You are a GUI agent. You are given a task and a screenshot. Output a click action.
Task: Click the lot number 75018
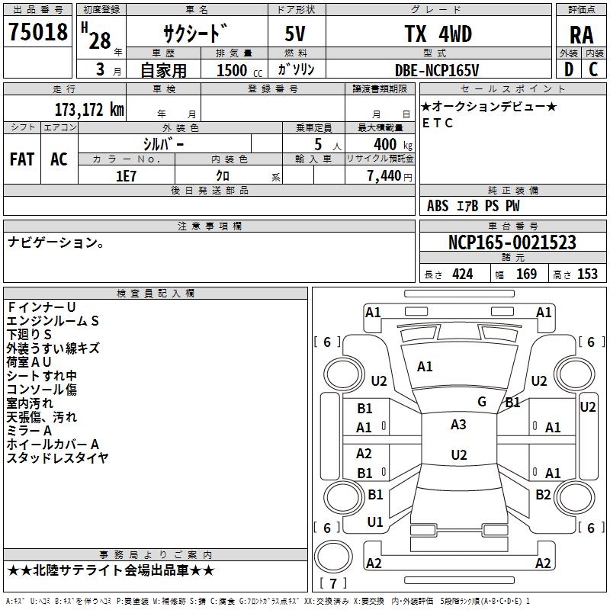(38, 34)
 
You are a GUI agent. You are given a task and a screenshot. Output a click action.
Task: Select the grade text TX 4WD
(438, 34)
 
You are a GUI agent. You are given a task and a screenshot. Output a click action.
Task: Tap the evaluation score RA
(581, 35)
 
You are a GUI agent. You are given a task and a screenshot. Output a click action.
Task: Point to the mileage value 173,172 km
(88, 109)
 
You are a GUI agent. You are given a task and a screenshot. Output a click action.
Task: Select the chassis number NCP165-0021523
(512, 242)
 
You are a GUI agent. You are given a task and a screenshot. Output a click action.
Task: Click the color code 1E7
(126, 175)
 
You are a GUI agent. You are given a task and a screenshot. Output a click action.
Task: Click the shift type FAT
(21, 159)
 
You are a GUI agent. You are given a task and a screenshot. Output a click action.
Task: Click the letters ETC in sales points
(437, 123)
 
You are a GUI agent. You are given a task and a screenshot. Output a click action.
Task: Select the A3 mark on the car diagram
(458, 425)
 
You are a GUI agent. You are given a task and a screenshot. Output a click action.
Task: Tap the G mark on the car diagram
(482, 402)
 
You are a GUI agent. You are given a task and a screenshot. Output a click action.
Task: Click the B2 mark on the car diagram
(543, 494)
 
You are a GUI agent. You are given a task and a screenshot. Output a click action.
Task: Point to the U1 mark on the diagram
(375, 522)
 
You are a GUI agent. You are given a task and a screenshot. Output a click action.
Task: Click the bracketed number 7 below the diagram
(333, 583)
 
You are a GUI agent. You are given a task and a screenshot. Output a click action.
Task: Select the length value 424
(462, 274)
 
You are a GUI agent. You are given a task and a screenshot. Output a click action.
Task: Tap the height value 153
(587, 274)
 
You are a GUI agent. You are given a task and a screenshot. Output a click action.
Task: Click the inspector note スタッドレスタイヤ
(57, 457)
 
